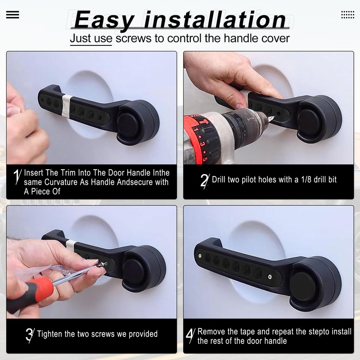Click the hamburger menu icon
13,15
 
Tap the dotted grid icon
347,15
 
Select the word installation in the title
215,20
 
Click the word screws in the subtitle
133,38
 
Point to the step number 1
17,176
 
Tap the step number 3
30,335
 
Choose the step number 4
190,336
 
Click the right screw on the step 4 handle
270,277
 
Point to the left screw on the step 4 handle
200,256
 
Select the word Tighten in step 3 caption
49,334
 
